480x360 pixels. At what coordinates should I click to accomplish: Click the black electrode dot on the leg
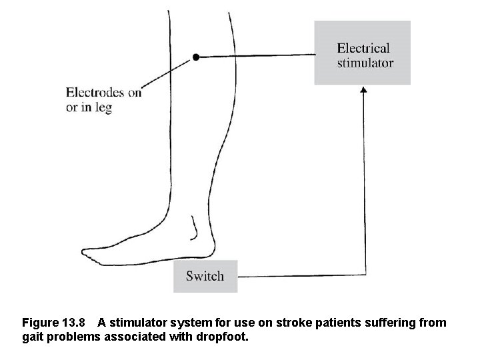point(195,57)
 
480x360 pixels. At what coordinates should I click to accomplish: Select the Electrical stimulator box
point(362,53)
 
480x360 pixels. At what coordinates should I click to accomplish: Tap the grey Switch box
point(205,276)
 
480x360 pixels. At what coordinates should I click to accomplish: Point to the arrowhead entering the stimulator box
point(363,89)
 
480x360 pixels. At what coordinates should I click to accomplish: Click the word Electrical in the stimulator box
point(363,48)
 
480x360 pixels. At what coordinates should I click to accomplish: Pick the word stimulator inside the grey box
point(365,63)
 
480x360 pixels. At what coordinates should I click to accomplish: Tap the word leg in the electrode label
point(103,108)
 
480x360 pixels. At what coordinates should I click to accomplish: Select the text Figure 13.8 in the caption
point(54,323)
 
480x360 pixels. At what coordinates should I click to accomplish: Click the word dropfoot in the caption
point(225,337)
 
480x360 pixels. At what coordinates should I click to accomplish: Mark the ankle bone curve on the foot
point(195,230)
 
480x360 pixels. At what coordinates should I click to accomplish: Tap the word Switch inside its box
point(205,276)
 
